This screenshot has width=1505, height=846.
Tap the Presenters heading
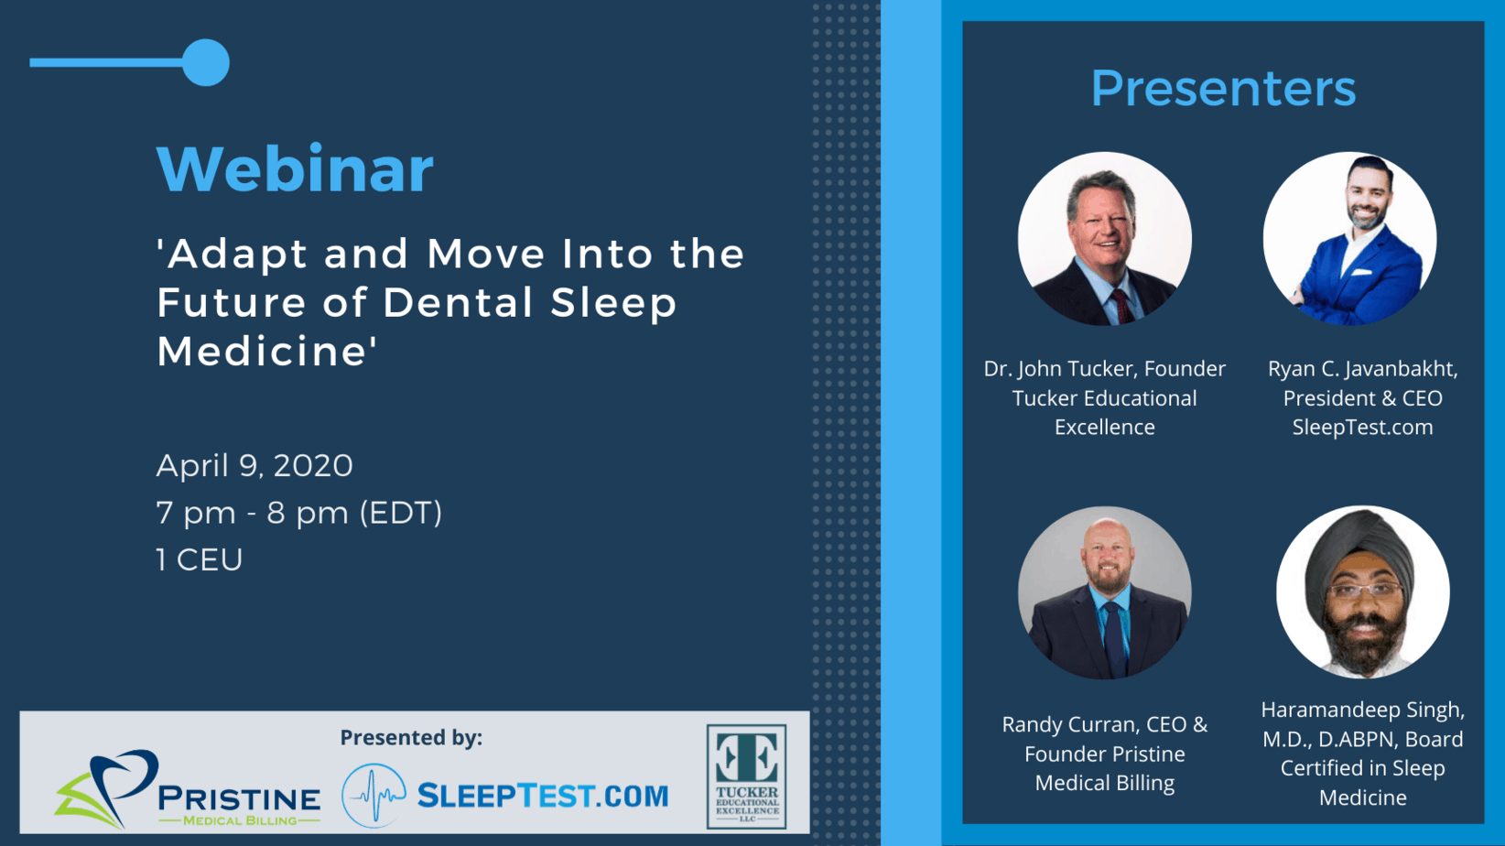1223,89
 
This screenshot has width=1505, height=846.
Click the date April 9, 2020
254,466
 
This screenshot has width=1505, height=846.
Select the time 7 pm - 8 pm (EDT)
299,514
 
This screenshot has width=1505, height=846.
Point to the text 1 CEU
199,559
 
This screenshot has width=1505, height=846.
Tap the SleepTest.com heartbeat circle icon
374,795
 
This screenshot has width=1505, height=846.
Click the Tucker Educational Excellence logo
746,776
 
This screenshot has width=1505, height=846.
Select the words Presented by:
411,738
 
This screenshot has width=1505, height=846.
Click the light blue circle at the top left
206,62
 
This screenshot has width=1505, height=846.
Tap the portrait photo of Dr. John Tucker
1105,239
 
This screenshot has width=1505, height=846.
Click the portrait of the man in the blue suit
1349,239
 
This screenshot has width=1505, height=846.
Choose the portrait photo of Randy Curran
1105,592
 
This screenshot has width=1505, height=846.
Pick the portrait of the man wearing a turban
1362,592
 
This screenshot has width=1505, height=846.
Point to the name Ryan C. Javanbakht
1362,369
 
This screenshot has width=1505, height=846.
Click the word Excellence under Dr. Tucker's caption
1105,428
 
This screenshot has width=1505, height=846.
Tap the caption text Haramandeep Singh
1362,710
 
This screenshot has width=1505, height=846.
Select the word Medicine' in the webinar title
266,351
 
